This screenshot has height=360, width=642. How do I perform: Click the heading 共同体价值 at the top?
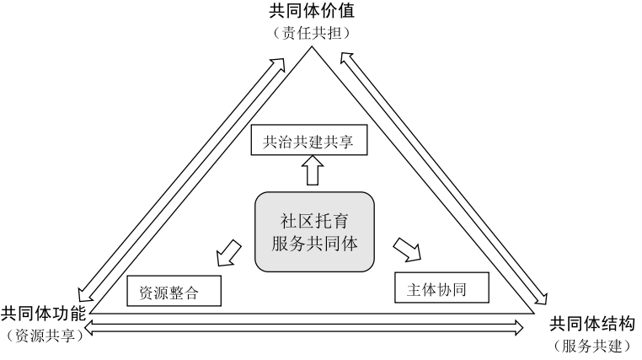[x=312, y=13]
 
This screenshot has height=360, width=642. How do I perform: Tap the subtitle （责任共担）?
[x=312, y=33]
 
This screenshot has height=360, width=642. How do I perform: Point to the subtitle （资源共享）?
[x=44, y=335]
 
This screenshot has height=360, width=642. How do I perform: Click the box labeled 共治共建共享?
[x=308, y=141]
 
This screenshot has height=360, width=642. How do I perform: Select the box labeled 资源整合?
[x=174, y=291]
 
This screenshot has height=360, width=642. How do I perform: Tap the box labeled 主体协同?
[x=441, y=289]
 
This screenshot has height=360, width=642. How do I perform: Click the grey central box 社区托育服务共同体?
[x=313, y=232]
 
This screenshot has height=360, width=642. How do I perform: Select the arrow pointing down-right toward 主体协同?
[x=408, y=249]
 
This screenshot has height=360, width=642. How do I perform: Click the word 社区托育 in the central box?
[x=313, y=221]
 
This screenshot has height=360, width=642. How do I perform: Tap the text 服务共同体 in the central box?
[x=313, y=244]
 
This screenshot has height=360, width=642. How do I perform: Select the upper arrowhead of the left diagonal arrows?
[x=284, y=62]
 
